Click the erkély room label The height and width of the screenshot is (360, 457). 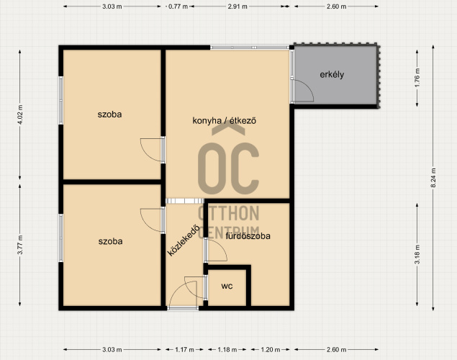tap(332, 75)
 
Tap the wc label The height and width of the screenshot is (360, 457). tap(227, 287)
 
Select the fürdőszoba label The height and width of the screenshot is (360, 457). tap(248, 235)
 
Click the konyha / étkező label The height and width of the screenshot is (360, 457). tap(224, 120)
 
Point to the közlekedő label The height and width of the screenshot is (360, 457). tap(184, 240)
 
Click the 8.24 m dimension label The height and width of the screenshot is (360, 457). tap(433, 178)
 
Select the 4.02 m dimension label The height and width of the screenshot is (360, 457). tap(20, 114)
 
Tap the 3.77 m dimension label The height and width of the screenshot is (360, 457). tap(20, 245)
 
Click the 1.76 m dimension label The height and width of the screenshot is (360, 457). tap(417, 77)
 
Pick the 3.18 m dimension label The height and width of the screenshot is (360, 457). tap(417, 254)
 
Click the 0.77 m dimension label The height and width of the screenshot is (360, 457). tap(178, 6)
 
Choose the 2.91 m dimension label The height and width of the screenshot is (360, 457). tap(237, 6)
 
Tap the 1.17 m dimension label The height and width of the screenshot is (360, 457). tap(184, 349)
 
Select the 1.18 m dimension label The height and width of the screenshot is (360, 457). tap(227, 349)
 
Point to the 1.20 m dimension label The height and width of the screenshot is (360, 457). tap(270, 349)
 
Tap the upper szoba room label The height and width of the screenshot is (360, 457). tap(109, 114)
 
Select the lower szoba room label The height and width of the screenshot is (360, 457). tap(110, 241)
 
